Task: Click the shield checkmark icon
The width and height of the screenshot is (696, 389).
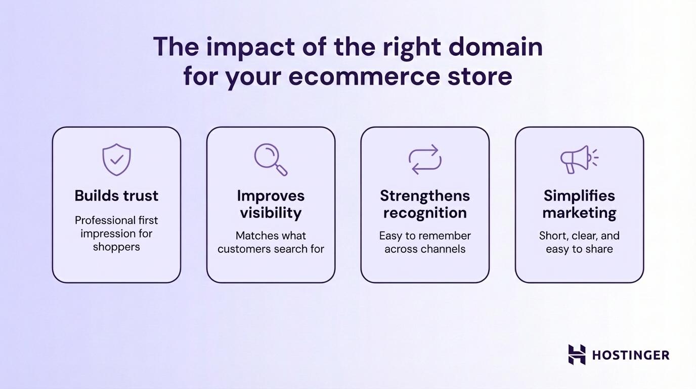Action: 116,160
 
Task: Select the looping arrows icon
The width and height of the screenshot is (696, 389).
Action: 425,160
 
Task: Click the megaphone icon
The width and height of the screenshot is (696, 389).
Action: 578,160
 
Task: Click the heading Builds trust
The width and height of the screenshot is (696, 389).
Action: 116,196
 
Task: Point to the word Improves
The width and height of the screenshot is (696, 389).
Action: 271,196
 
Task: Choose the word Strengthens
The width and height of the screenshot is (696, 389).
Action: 425,196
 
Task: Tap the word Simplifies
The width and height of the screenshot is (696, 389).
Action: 579,196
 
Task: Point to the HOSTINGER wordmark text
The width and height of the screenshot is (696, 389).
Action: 630,355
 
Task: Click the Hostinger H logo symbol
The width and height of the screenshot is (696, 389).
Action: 577,355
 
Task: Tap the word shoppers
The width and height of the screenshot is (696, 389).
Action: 116,247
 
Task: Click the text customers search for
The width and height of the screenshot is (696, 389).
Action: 271,249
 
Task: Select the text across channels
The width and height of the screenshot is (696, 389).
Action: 425,249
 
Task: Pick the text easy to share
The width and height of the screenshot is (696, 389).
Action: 579,249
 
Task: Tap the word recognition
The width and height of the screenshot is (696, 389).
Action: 425,213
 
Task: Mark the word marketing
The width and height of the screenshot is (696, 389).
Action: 579,213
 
